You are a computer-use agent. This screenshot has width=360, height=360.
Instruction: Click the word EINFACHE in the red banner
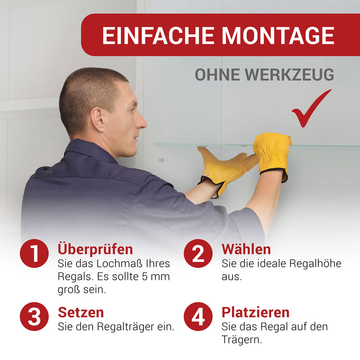pyautogui.click(x=158, y=35)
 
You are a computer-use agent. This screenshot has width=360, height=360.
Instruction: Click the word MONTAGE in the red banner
pyautogui.click(x=278, y=35)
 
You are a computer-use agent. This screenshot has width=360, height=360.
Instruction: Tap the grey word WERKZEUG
pyautogui.click(x=289, y=75)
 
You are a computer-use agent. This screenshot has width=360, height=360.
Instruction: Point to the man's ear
pyautogui.click(x=98, y=119)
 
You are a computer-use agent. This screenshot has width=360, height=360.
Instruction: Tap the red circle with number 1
pyautogui.click(x=34, y=253)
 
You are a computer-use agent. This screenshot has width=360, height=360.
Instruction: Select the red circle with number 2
pyautogui.click(x=198, y=253)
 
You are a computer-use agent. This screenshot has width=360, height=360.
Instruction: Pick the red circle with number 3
pyautogui.click(x=34, y=316)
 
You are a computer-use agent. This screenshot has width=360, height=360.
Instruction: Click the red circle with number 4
pyautogui.click(x=198, y=316)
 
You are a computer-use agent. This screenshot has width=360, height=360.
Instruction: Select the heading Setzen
pyautogui.click(x=81, y=312)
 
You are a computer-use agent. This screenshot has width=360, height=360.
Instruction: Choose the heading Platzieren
pyautogui.click(x=256, y=312)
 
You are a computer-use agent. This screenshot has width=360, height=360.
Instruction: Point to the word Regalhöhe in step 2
pyautogui.click(x=315, y=263)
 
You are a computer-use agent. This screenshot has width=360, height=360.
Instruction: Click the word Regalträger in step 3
pyautogui.click(x=125, y=327)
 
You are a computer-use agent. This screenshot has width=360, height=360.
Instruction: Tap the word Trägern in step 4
pyautogui.click(x=242, y=339)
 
